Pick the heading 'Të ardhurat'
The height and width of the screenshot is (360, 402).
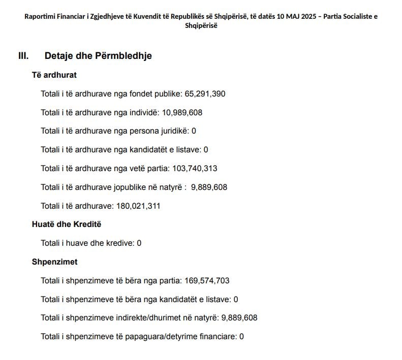pos(54,75)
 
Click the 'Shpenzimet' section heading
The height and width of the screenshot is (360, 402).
pos(54,262)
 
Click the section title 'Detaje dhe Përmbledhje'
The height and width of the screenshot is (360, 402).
pos(98,56)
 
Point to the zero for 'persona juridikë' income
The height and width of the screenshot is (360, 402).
pos(194,131)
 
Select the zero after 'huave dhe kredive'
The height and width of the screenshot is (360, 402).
pos(139,243)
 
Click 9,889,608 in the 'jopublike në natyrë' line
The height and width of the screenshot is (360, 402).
pos(209,187)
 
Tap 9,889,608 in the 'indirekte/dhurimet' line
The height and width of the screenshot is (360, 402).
pos(239,318)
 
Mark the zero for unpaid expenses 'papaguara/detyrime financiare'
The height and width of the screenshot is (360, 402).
pos(241,336)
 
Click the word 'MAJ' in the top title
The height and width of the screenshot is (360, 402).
pos(289,16)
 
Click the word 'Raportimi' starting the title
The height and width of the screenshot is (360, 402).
pos(40,16)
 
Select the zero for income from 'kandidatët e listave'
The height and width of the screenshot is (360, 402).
pos(206,150)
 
